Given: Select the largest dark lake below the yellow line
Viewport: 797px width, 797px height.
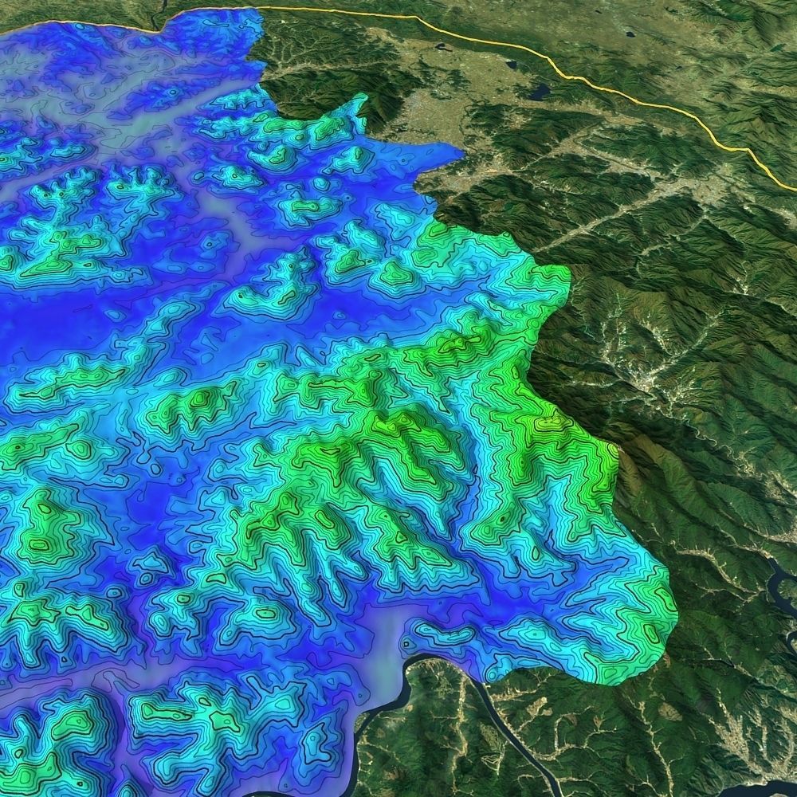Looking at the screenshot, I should point(540,92).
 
